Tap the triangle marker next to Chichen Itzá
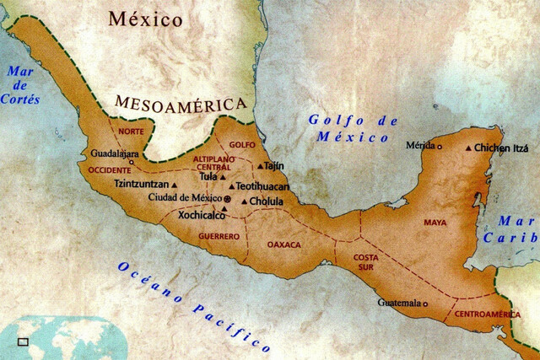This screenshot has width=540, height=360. (469, 148)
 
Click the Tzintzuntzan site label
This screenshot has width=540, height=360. (141, 183)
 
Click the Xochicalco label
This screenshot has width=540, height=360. (204, 215)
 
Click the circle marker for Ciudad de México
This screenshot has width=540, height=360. (226, 198)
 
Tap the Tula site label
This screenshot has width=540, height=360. (208, 176)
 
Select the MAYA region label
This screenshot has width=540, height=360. (435, 223)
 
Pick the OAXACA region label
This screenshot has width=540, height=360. (284, 244)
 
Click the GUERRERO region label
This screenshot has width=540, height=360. (219, 236)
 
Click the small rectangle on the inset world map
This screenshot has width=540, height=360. (23, 341)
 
